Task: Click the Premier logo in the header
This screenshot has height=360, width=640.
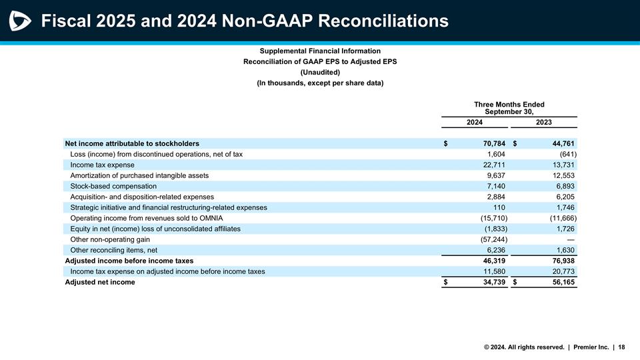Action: coord(20,21)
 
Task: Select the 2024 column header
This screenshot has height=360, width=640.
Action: coord(474,122)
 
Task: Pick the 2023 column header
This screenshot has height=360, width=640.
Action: coord(544,122)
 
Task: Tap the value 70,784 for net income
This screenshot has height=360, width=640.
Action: coord(493,143)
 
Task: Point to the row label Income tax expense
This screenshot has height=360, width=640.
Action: coord(102,165)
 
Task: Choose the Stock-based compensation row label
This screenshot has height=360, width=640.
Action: coord(113,186)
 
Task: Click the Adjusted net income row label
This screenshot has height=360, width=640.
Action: coord(99,282)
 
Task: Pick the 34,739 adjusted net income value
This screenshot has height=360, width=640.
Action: coord(493,282)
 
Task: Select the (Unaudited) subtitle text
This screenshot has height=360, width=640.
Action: coord(320,72)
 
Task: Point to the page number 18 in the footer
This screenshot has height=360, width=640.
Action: coord(621,347)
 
